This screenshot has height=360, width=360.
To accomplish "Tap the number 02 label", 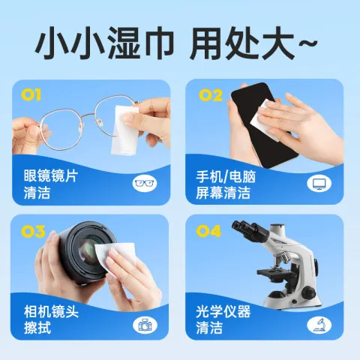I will point(211,94).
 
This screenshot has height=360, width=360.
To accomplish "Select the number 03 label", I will point(32,231).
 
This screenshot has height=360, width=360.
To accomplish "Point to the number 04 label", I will point(211,231).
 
